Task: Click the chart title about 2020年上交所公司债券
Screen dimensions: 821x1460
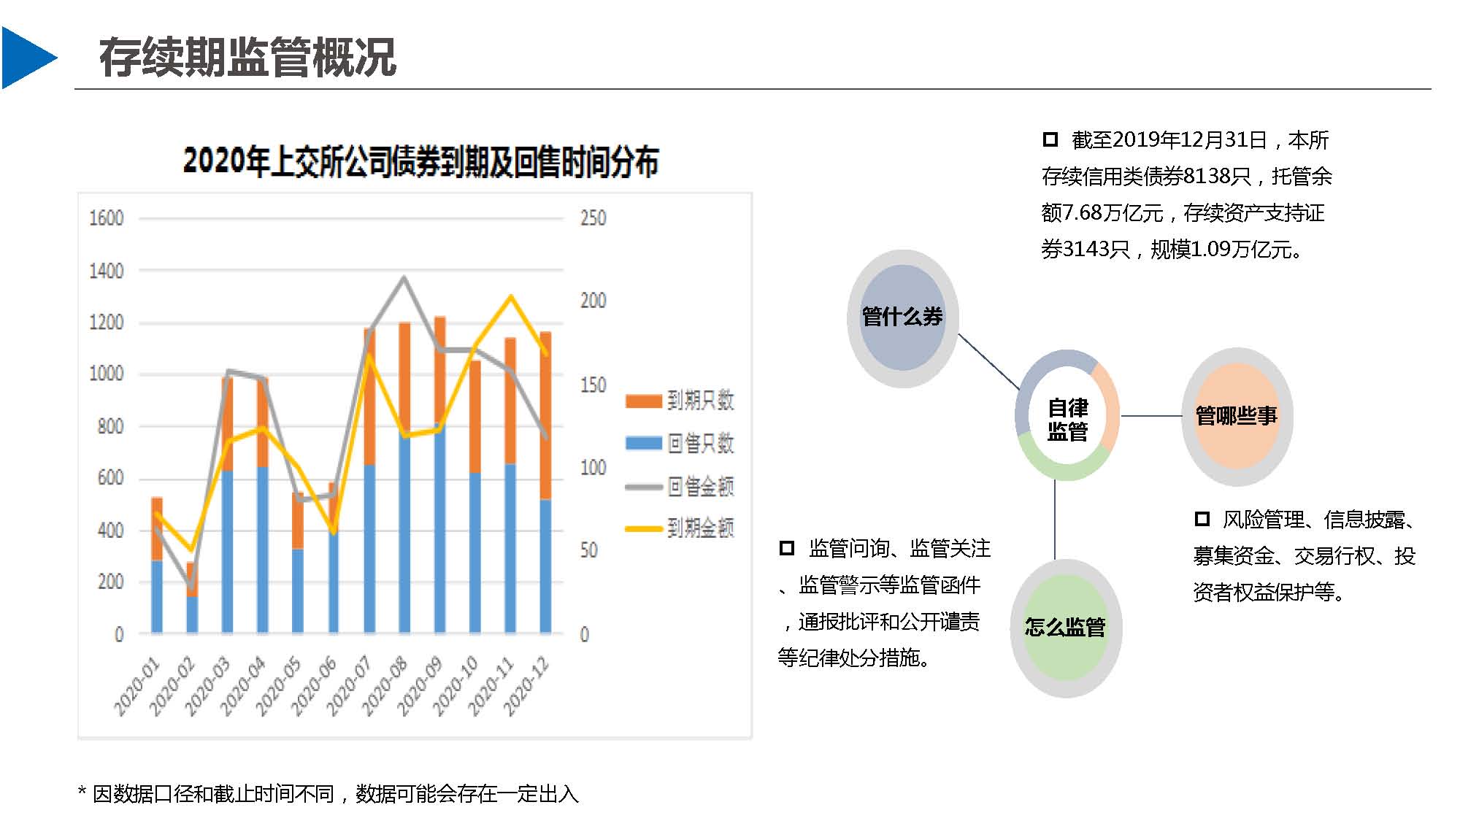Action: pyautogui.click(x=420, y=161)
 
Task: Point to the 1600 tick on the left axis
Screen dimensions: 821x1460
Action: pyautogui.click(x=107, y=218)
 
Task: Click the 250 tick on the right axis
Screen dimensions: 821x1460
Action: pyautogui.click(x=593, y=218)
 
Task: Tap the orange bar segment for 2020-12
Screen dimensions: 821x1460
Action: pyautogui.click(x=545, y=416)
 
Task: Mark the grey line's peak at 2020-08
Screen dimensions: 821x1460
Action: pyautogui.click(x=404, y=278)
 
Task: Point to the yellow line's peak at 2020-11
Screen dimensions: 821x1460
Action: pyautogui.click(x=510, y=296)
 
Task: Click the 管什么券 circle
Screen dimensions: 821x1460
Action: pyautogui.click(x=902, y=317)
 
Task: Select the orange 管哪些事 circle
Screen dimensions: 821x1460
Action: pyautogui.click(x=1237, y=416)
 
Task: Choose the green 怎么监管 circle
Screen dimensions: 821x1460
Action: pyautogui.click(x=1066, y=628)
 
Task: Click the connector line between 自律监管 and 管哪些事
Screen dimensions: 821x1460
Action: pyautogui.click(x=1150, y=416)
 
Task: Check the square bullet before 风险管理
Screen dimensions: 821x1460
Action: pyautogui.click(x=1202, y=519)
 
